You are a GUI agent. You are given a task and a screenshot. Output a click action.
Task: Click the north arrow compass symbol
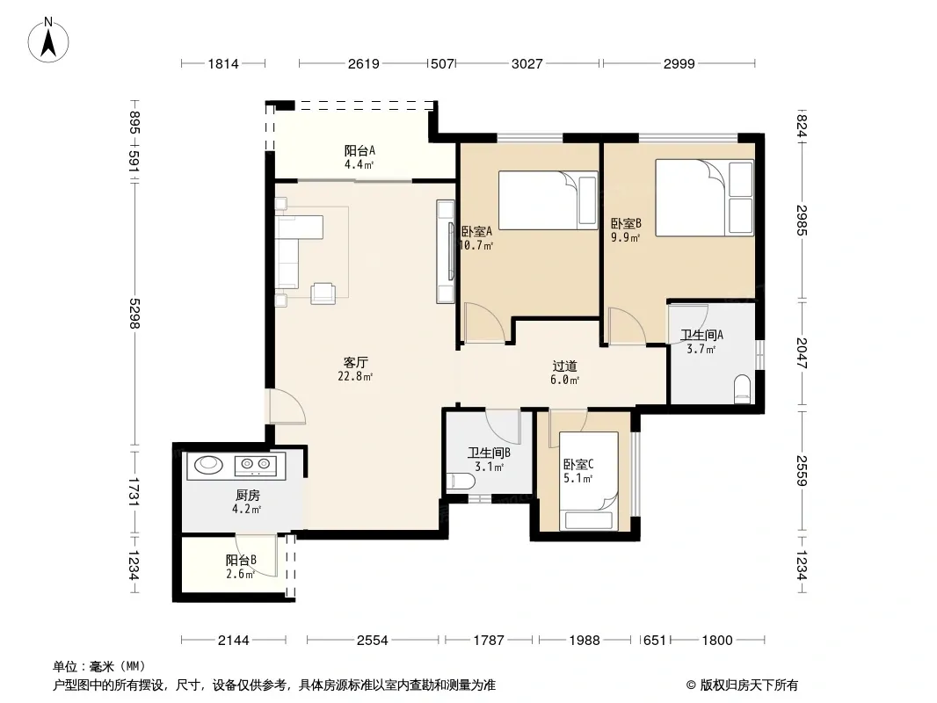click(x=48, y=40)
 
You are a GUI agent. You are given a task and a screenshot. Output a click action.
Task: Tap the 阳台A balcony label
click(x=360, y=150)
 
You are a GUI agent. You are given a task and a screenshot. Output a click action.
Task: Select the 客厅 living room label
click(x=356, y=362)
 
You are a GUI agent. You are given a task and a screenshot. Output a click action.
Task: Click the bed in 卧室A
click(x=548, y=200)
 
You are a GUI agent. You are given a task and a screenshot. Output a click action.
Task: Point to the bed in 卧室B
click(x=704, y=197)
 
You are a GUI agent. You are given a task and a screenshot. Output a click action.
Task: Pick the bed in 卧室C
click(x=589, y=481)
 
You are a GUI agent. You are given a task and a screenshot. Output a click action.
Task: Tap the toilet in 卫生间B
click(x=461, y=481)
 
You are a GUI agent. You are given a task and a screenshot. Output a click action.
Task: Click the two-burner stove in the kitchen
click(x=256, y=464)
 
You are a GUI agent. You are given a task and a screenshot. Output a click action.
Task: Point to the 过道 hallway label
click(x=564, y=366)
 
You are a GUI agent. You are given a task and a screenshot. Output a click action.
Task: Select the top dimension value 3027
click(x=527, y=63)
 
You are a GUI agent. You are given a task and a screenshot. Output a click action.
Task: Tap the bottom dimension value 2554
click(x=373, y=641)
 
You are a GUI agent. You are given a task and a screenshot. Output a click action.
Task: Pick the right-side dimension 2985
click(x=803, y=221)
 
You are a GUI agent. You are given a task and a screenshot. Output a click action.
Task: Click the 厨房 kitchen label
click(x=247, y=495)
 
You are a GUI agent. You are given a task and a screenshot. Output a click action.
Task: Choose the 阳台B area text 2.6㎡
click(x=241, y=574)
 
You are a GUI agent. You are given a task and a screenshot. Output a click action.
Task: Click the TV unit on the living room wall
click(x=445, y=251)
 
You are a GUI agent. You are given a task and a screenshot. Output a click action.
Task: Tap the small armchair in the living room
click(x=323, y=294)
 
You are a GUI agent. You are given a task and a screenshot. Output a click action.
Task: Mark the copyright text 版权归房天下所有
click(x=749, y=685)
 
